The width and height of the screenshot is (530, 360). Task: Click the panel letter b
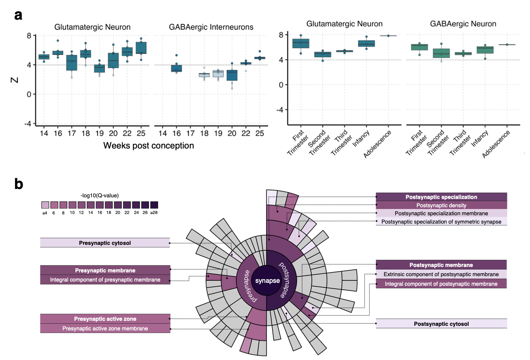(19, 184)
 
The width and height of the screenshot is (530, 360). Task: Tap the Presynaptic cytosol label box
(105, 242)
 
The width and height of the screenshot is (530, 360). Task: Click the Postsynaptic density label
(441, 205)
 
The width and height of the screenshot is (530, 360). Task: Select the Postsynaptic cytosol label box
(441, 324)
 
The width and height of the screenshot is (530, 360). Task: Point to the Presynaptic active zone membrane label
(105, 328)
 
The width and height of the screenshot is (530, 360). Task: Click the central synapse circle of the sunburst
(268, 281)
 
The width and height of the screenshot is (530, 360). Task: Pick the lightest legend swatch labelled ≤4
(45, 205)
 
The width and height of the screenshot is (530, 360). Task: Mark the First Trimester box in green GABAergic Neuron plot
(419, 47)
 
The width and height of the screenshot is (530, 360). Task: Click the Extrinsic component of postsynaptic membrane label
(441, 274)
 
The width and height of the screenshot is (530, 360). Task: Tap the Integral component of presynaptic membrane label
(105, 279)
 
